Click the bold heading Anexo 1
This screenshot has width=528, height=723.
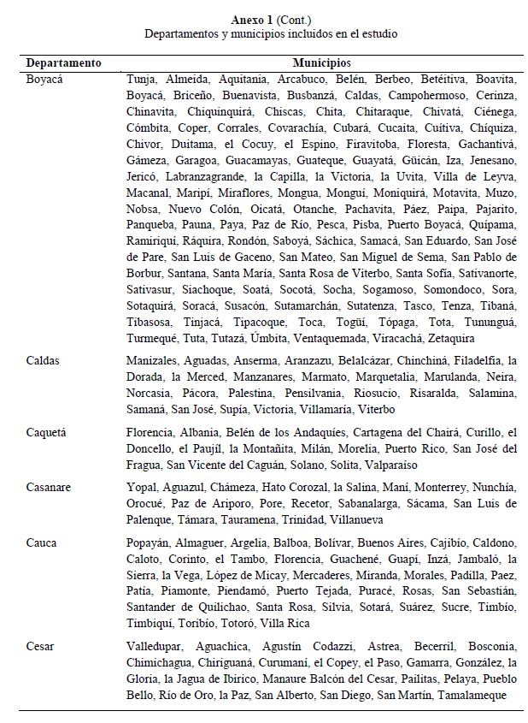point(248,19)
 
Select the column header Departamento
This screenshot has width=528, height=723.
point(64,63)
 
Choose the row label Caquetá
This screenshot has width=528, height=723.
point(48,432)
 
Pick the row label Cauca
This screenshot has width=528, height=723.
point(43,542)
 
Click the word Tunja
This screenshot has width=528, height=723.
point(141,79)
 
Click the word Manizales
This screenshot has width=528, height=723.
point(153,361)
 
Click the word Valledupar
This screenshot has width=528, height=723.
point(154,646)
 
